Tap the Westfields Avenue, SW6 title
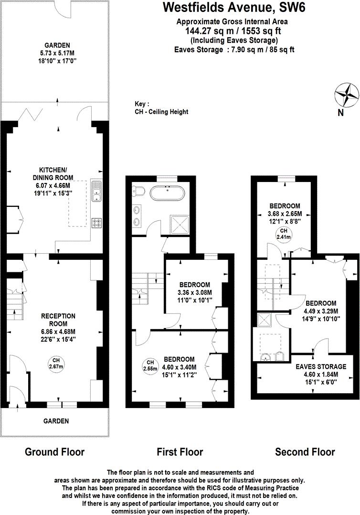tap(227, 8)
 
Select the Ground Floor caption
tap(54, 451)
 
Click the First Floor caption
tap(180, 451)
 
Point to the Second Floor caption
tap(305, 451)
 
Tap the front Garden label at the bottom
tap(56, 421)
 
